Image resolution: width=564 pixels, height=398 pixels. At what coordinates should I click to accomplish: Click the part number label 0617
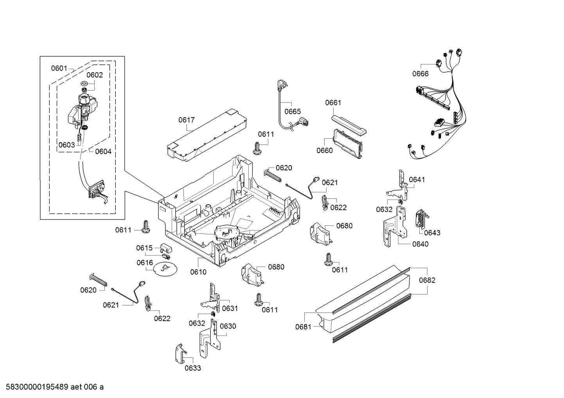coord(187,120)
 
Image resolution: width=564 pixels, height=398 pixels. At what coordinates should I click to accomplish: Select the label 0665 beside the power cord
coord(292,112)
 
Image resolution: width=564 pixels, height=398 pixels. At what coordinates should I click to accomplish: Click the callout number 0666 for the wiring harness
coord(420,73)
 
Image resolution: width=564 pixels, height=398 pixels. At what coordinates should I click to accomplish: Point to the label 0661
coord(333,103)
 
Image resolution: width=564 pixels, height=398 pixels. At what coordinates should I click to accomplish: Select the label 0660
coord(324,150)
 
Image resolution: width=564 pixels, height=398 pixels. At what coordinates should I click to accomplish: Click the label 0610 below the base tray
coord(198,272)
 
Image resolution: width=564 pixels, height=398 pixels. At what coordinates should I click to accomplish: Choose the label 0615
coord(144,248)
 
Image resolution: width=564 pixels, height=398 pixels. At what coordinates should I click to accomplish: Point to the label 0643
coord(432,233)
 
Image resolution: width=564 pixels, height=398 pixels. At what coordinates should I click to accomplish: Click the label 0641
coord(417,180)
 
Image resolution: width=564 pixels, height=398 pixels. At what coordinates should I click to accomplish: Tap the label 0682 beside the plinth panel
coord(427,280)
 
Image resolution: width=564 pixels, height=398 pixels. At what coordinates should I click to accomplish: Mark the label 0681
coord(303,327)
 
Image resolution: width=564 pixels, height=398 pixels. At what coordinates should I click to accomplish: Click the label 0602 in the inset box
coord(95,75)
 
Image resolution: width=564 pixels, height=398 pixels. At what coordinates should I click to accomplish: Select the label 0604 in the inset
coord(103,152)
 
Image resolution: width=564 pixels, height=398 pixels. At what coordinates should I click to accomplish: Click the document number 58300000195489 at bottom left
coord(35,387)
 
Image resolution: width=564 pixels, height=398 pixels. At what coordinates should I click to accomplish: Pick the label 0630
coord(228,326)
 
